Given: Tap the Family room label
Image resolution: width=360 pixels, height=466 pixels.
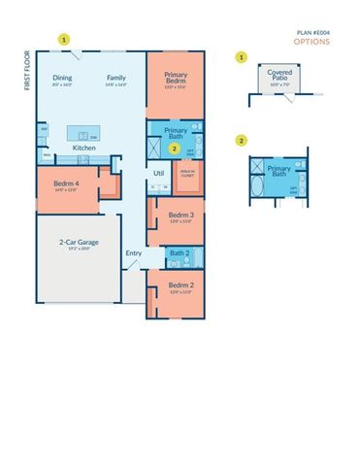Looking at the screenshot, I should pos(116,77).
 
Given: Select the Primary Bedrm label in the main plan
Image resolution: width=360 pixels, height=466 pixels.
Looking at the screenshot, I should pos(176,79).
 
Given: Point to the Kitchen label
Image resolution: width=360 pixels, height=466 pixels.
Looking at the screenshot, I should pos(84,148).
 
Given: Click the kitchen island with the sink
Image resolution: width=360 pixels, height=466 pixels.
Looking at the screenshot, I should pos(84,132).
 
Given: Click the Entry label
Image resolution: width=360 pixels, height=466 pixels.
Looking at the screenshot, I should pos(133,253).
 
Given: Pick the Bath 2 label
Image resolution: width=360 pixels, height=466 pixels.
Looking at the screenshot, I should pos(179,252).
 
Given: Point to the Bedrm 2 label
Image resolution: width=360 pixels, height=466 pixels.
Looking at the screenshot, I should pos(179,285).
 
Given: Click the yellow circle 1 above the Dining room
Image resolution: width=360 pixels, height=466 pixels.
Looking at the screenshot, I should pos(64,40).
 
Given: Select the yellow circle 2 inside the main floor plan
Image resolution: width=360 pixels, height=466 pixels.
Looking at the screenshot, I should pos(174,149).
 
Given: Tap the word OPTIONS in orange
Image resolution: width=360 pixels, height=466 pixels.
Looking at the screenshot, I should pos(313,42).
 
